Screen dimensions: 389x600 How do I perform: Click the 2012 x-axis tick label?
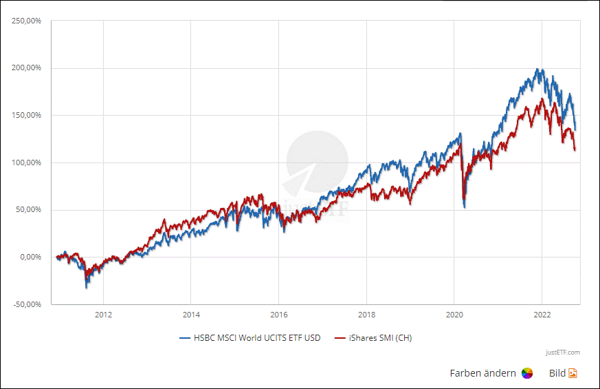pos(103,315)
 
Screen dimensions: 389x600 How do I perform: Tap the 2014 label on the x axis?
pos(191,315)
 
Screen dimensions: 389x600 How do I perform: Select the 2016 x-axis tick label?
pos(278,315)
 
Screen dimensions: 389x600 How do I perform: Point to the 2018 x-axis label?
pos(366,315)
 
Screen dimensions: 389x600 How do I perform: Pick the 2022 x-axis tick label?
pos(542,315)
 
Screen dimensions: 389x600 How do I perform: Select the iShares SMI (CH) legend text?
pos(380,337)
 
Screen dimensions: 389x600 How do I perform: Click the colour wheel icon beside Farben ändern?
pos(527,373)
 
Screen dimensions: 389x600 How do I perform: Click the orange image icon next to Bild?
pos(573,373)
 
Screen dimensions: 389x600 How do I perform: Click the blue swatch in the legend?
pos(184,338)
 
